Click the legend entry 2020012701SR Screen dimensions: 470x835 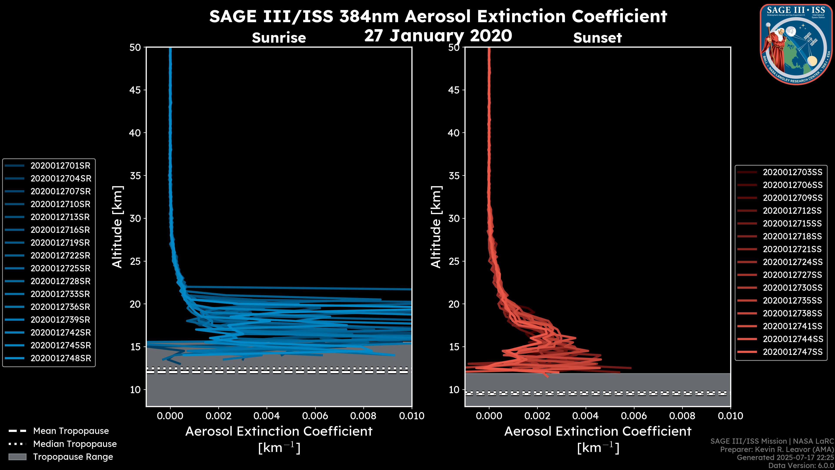click(x=60, y=166)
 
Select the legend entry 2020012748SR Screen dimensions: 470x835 click(x=61, y=358)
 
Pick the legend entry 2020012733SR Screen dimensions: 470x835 click(x=60, y=294)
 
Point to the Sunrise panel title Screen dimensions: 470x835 click(x=279, y=38)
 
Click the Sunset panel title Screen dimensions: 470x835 click(x=597, y=38)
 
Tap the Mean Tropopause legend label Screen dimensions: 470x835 click(x=71, y=431)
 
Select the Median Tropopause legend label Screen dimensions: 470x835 click(x=75, y=444)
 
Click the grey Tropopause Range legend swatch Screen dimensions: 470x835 click(x=17, y=457)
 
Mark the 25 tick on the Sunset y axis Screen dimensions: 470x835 click(x=454, y=261)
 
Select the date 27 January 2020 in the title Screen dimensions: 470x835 click(x=438, y=36)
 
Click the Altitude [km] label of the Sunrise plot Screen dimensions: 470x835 click(x=117, y=227)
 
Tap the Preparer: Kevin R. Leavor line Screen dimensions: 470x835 click(x=777, y=450)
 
